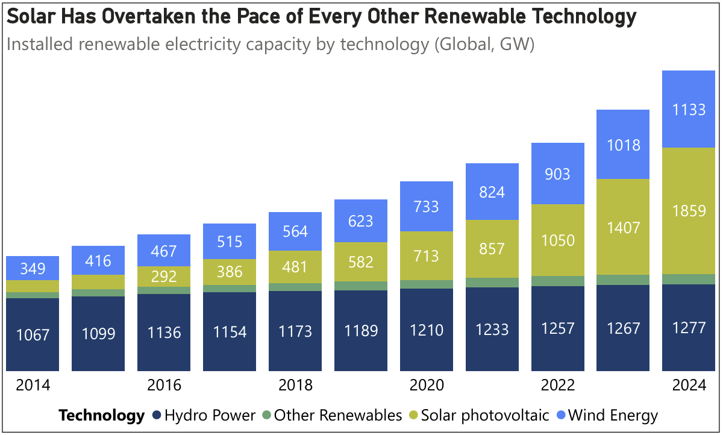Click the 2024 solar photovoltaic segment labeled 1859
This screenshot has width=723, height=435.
point(688,211)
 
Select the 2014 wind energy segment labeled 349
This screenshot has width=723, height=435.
point(33,268)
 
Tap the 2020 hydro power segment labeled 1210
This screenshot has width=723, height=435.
point(427,330)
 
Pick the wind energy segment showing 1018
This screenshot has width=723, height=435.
point(623,145)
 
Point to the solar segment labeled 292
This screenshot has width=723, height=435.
point(164,276)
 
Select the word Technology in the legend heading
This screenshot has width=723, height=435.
point(101,415)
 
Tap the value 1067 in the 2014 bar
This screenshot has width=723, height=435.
point(33,334)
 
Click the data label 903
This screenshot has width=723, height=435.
point(557,174)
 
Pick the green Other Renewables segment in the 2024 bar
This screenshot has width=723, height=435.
point(688,279)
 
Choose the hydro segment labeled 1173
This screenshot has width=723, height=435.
point(295,331)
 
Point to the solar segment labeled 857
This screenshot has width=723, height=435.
point(492,249)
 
